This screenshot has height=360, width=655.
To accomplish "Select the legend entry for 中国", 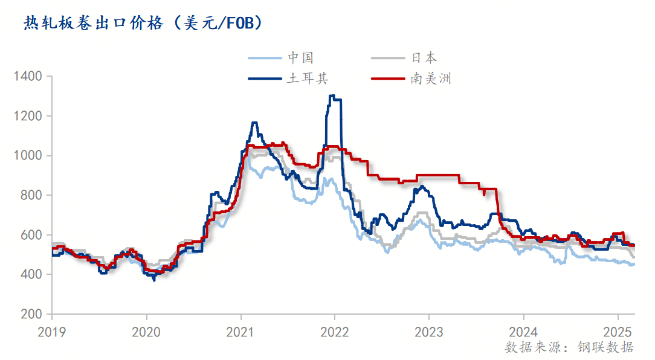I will point(300,58).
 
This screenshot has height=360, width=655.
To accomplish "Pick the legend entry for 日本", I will point(424,58).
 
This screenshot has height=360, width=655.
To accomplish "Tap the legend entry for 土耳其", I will point(307,79).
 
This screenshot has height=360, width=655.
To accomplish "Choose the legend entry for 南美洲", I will point(431,79).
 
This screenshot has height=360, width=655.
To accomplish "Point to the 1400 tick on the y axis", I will point(28,76).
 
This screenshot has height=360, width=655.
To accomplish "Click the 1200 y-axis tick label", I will point(28,116).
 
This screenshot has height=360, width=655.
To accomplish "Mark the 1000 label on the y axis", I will point(28,156).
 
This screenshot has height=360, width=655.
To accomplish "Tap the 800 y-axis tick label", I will point(31,195).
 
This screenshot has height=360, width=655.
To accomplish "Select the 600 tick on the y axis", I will point(31,235).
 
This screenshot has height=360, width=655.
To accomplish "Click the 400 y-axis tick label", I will point(31,275).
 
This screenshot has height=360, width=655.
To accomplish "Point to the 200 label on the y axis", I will point(31,314).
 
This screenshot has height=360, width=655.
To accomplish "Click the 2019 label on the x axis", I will point(52,332).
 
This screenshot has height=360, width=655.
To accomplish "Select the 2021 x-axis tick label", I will point(240,332).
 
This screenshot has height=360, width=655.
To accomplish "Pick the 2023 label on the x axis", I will point(429,332).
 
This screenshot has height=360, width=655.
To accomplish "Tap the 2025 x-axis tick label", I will point(618,332).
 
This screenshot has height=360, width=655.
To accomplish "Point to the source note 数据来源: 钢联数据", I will point(569,347).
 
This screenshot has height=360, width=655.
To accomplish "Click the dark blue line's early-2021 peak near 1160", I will point(254,123).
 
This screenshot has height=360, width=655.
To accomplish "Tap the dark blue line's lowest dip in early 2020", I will point(154,280).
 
